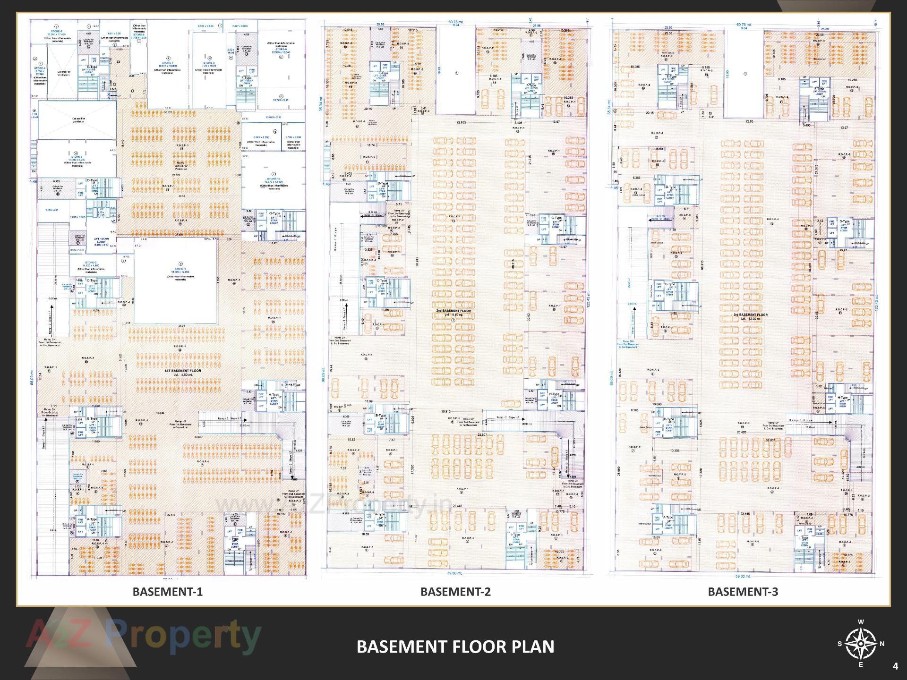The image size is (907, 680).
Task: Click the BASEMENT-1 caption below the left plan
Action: [x=167, y=592]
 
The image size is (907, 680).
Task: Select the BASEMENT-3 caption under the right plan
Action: [x=743, y=592]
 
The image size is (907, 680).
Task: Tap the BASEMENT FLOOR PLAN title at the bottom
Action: [x=455, y=646]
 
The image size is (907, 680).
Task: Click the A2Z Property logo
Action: [x=144, y=636]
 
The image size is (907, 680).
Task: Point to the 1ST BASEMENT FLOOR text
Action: [x=183, y=371]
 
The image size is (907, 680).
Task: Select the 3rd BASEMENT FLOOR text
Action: [x=750, y=315]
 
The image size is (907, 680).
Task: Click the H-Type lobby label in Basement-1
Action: [x=274, y=395]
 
